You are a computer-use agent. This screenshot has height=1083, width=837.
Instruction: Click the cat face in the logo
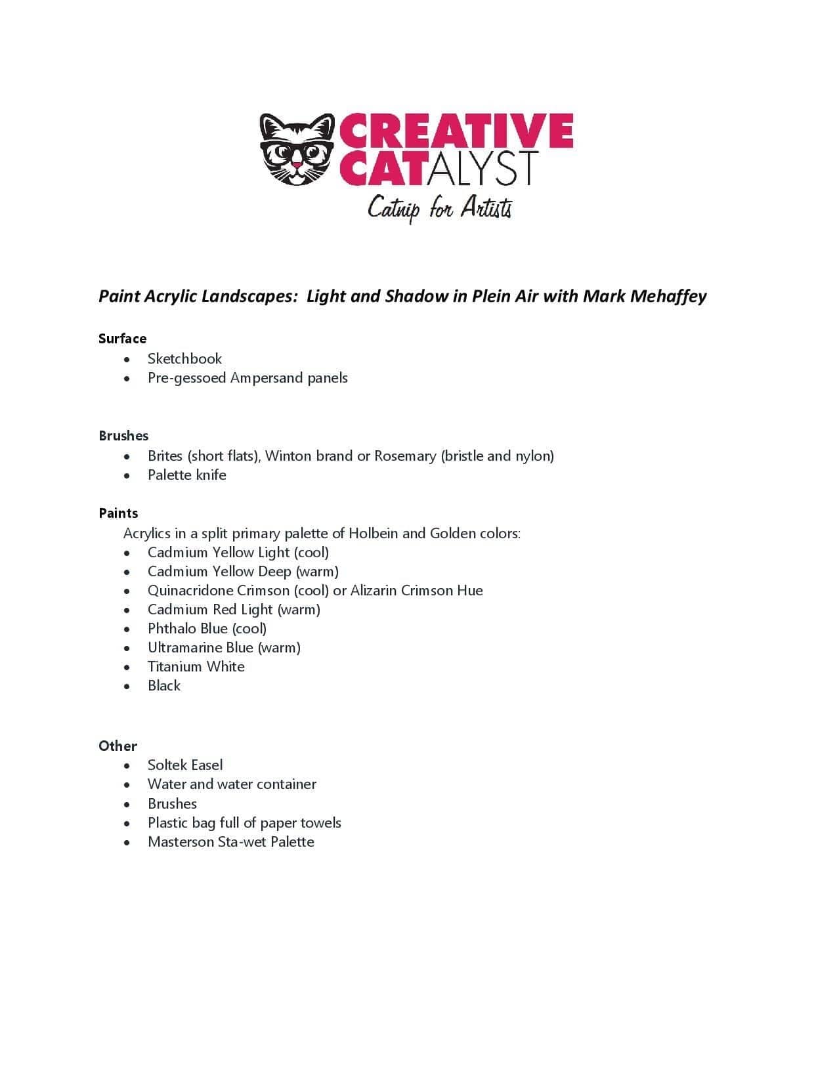(297, 149)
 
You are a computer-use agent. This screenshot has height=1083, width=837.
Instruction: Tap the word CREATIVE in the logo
(456, 131)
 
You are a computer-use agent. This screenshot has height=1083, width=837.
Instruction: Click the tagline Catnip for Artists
(439, 209)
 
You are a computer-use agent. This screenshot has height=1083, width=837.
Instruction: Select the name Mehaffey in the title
(668, 296)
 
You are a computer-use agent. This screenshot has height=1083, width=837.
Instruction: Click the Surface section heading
(122, 339)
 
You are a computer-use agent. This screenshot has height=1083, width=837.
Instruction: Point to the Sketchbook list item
(184, 359)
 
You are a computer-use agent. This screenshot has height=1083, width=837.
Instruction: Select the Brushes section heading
(123, 436)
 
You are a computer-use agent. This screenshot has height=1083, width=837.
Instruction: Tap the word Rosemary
(405, 456)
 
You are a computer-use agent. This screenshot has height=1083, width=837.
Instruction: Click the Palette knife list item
(186, 475)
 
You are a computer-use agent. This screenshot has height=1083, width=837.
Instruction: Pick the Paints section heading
(118, 513)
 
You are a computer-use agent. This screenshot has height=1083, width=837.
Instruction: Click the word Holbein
(372, 533)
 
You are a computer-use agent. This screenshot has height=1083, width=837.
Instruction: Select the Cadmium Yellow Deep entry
(243, 572)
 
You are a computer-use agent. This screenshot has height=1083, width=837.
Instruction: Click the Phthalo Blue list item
(207, 629)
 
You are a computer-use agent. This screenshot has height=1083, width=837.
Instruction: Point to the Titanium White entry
(196, 667)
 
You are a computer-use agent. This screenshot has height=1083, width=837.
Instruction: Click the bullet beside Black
(127, 687)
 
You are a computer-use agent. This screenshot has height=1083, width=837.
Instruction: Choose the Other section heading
(118, 746)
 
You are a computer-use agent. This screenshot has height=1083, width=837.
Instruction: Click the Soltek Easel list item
(184, 765)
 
